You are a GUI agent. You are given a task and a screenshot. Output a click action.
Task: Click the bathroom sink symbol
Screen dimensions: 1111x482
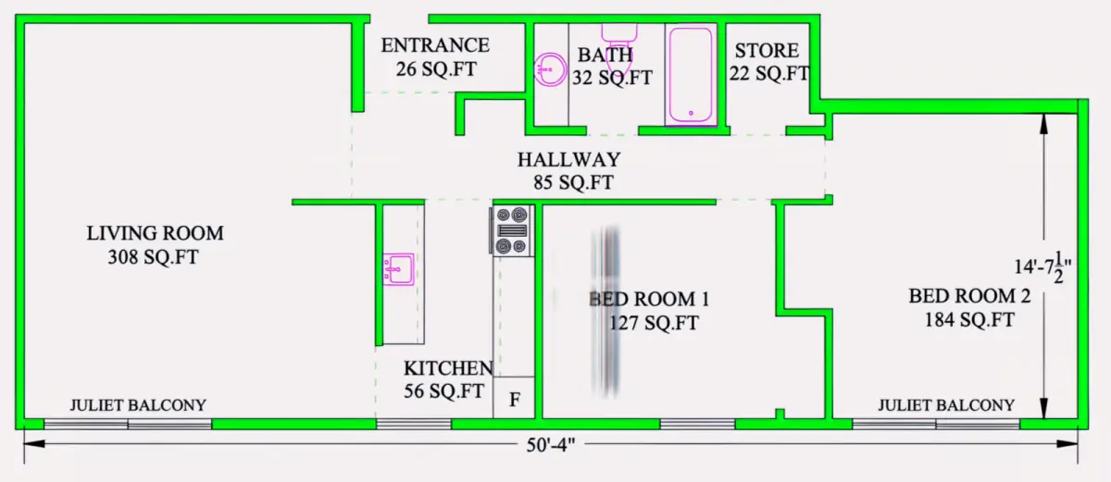(x=550, y=69)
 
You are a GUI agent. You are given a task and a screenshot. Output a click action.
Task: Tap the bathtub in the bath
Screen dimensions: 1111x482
(x=691, y=74)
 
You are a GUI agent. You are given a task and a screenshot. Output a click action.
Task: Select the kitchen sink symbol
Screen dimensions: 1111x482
(x=398, y=269)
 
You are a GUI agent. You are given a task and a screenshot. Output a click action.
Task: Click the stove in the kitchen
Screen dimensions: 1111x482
(x=512, y=231)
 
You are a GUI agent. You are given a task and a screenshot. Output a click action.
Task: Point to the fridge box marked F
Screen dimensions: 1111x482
(x=514, y=397)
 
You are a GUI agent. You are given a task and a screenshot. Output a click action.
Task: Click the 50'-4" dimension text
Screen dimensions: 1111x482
(x=551, y=445)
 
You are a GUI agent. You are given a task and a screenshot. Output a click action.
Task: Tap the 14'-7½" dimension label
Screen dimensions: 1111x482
(x=1042, y=267)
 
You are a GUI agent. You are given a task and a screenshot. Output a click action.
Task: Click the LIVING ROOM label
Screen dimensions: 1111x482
(x=156, y=233)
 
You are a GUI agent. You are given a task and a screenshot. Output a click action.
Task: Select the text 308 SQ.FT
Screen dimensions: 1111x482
(x=154, y=257)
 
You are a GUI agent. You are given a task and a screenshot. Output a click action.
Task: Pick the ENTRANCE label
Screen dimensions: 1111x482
(x=435, y=45)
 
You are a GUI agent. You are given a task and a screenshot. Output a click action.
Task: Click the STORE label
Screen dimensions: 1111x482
(x=767, y=51)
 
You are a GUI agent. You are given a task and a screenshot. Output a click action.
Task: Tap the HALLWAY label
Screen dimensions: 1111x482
(x=568, y=159)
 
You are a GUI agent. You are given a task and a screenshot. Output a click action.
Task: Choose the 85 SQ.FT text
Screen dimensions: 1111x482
(x=573, y=183)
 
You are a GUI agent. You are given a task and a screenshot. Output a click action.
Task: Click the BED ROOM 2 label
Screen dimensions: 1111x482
(x=969, y=296)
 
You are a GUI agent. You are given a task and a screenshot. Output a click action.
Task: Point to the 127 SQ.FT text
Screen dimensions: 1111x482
(x=654, y=323)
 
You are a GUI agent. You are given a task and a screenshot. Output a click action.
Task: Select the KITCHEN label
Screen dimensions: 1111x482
(x=448, y=368)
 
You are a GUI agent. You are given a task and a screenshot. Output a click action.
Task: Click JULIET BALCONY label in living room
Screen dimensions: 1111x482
(x=138, y=405)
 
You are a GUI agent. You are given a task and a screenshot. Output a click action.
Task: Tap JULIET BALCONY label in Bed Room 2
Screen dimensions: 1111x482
(x=946, y=405)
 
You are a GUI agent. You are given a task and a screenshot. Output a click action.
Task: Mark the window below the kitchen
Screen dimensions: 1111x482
(x=414, y=424)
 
